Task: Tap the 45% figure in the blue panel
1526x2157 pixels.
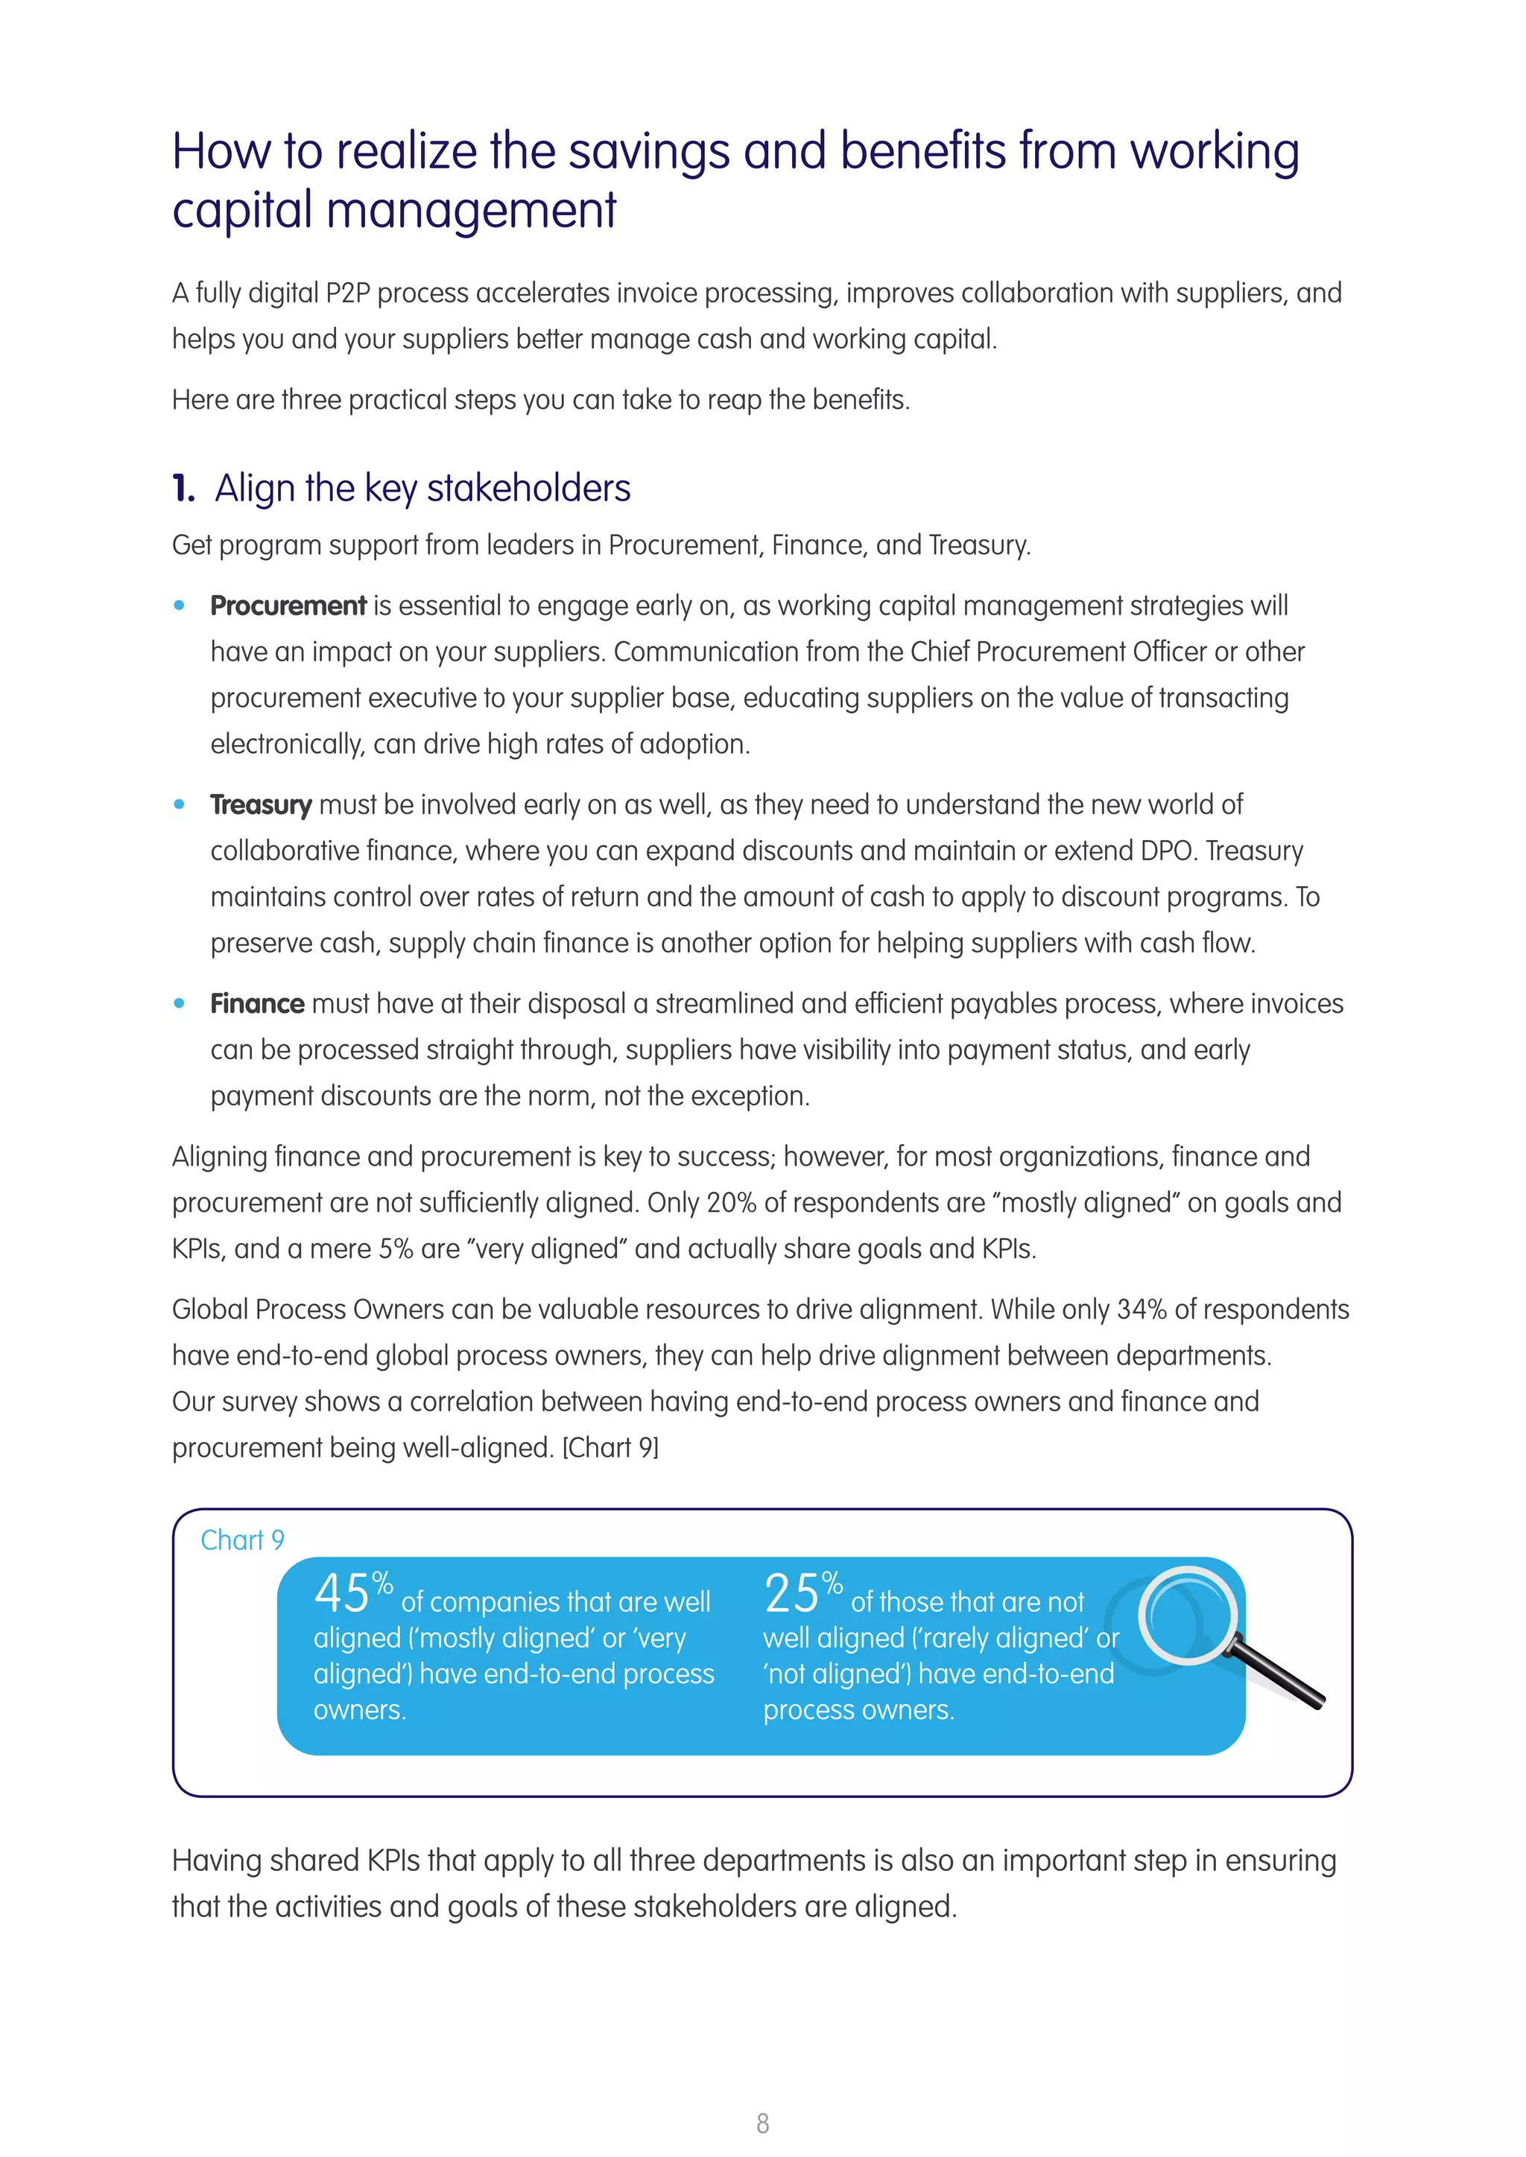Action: point(353,1593)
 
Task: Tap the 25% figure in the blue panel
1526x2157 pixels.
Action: point(802,1593)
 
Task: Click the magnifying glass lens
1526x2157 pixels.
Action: point(1188,1616)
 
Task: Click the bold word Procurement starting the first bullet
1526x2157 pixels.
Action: point(288,606)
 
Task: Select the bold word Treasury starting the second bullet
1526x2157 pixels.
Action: point(260,805)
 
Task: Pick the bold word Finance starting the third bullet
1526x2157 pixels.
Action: point(256,1004)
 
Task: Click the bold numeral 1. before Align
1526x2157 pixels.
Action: point(183,489)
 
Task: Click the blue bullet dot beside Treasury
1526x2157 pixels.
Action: point(180,804)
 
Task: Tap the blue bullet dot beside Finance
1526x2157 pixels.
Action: point(180,1003)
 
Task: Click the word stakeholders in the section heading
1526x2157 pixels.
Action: point(528,489)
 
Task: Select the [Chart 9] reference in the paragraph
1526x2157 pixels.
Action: point(610,1448)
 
